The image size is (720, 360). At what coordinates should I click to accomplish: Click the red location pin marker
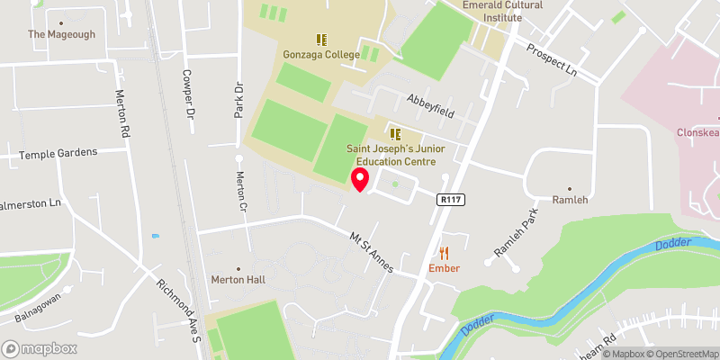pyautogui.click(x=360, y=179)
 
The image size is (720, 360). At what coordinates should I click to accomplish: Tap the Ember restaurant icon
pyautogui.click(x=445, y=254)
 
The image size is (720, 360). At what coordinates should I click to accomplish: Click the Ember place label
pyautogui.click(x=445, y=268)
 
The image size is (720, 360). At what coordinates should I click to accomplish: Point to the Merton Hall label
pyautogui.click(x=238, y=280)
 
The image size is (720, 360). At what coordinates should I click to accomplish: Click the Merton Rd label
pyautogui.click(x=122, y=113)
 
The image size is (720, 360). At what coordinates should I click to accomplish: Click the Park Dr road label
pyautogui.click(x=239, y=100)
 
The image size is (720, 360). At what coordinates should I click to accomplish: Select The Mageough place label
pyautogui.click(x=60, y=34)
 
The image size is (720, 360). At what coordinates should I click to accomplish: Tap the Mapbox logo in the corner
pyautogui.click(x=39, y=348)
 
